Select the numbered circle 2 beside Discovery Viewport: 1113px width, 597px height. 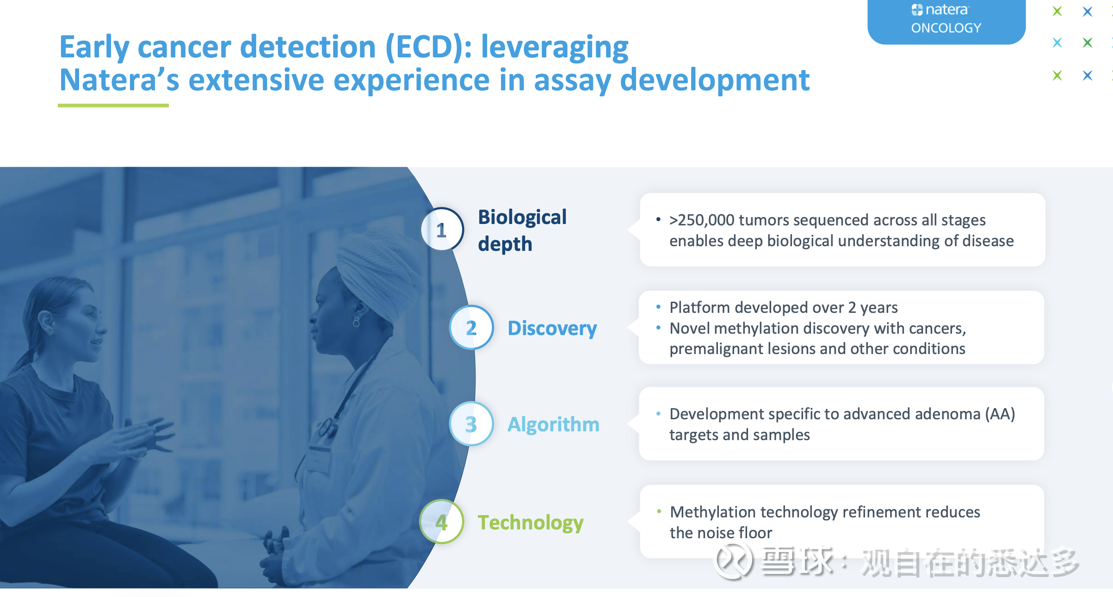click(471, 328)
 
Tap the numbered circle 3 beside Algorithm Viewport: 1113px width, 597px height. click(471, 424)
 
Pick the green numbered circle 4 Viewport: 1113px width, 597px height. click(442, 522)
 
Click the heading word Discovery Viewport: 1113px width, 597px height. click(552, 328)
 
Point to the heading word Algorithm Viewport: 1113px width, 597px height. click(553, 424)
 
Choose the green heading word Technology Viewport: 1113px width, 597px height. click(531, 523)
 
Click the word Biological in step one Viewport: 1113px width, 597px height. click(522, 218)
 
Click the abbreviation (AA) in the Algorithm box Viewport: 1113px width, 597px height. click(1000, 414)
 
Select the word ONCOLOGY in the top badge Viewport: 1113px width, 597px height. click(946, 28)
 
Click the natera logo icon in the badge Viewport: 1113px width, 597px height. click(917, 10)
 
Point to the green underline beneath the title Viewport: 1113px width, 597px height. click(113, 106)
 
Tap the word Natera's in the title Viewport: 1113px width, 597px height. click(119, 80)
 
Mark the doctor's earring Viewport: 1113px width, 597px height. click(356, 321)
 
